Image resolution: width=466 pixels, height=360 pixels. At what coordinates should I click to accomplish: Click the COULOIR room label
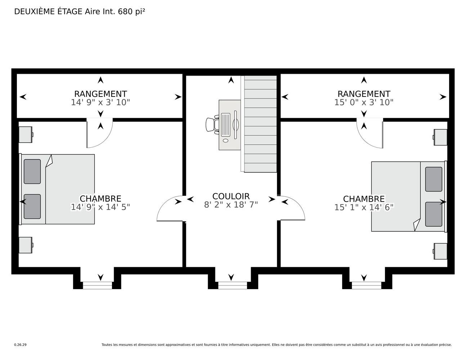231,196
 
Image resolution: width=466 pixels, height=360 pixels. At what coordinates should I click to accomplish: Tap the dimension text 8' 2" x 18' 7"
231,204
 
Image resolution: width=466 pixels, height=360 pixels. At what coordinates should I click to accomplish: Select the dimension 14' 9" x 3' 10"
100,103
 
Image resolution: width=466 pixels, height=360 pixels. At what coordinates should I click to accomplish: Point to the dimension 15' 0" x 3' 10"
364,103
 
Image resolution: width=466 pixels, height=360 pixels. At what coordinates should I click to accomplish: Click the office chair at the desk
212,124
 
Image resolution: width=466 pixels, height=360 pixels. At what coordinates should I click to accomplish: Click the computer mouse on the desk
225,140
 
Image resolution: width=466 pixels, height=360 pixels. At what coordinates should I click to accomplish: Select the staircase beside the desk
259,124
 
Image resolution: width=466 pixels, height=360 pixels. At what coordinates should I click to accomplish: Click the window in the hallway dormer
233,285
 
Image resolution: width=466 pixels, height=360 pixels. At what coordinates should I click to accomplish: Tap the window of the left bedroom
97,285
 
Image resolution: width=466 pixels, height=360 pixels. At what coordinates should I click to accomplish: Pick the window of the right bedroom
367,285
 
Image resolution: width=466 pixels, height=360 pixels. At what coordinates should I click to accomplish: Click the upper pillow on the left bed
32,171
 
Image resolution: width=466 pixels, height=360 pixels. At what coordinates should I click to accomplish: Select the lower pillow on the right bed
434,214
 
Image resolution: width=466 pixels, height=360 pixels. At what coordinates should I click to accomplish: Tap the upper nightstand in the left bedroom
26,135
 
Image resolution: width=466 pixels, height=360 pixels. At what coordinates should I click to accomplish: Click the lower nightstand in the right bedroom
440,251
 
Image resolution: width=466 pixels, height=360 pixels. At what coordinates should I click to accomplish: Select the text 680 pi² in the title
131,12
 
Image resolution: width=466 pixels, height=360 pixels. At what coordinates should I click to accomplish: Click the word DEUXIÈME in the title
34,12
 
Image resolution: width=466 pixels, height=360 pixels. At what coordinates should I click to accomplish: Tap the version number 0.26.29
21,351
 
